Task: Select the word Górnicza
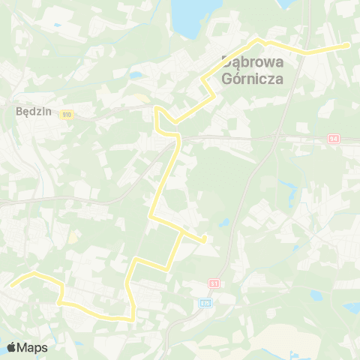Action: [x=252, y=77]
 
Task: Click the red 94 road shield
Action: [x=334, y=139]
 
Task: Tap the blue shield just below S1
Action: [x=206, y=302]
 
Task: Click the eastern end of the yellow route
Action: [x=348, y=45]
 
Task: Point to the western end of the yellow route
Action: [x=10, y=284]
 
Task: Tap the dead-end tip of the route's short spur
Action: [x=205, y=241]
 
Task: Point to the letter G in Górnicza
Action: [x=229, y=77]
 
